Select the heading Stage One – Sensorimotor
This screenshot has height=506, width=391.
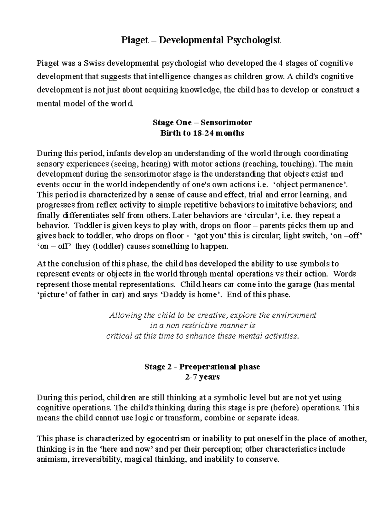[x=202, y=123]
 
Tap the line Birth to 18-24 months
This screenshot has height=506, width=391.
[x=202, y=133]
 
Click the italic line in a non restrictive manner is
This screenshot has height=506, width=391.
[x=202, y=325]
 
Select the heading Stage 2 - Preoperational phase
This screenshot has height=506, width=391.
[x=202, y=367]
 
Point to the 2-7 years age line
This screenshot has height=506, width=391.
[x=202, y=377]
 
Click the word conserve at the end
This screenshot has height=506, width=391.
[x=266, y=459]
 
